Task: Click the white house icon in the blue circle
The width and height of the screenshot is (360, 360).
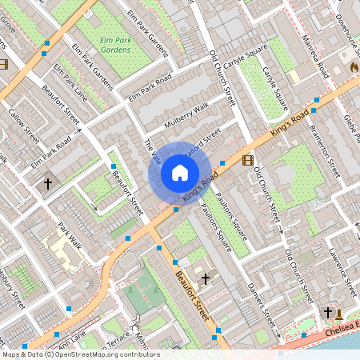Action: (x=180, y=172)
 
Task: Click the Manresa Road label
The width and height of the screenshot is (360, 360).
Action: (x=314, y=56)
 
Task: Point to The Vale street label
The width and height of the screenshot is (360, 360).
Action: (x=151, y=153)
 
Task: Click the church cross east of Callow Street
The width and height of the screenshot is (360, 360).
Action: (x=47, y=184)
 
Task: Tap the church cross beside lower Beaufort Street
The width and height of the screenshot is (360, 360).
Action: (x=206, y=278)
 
